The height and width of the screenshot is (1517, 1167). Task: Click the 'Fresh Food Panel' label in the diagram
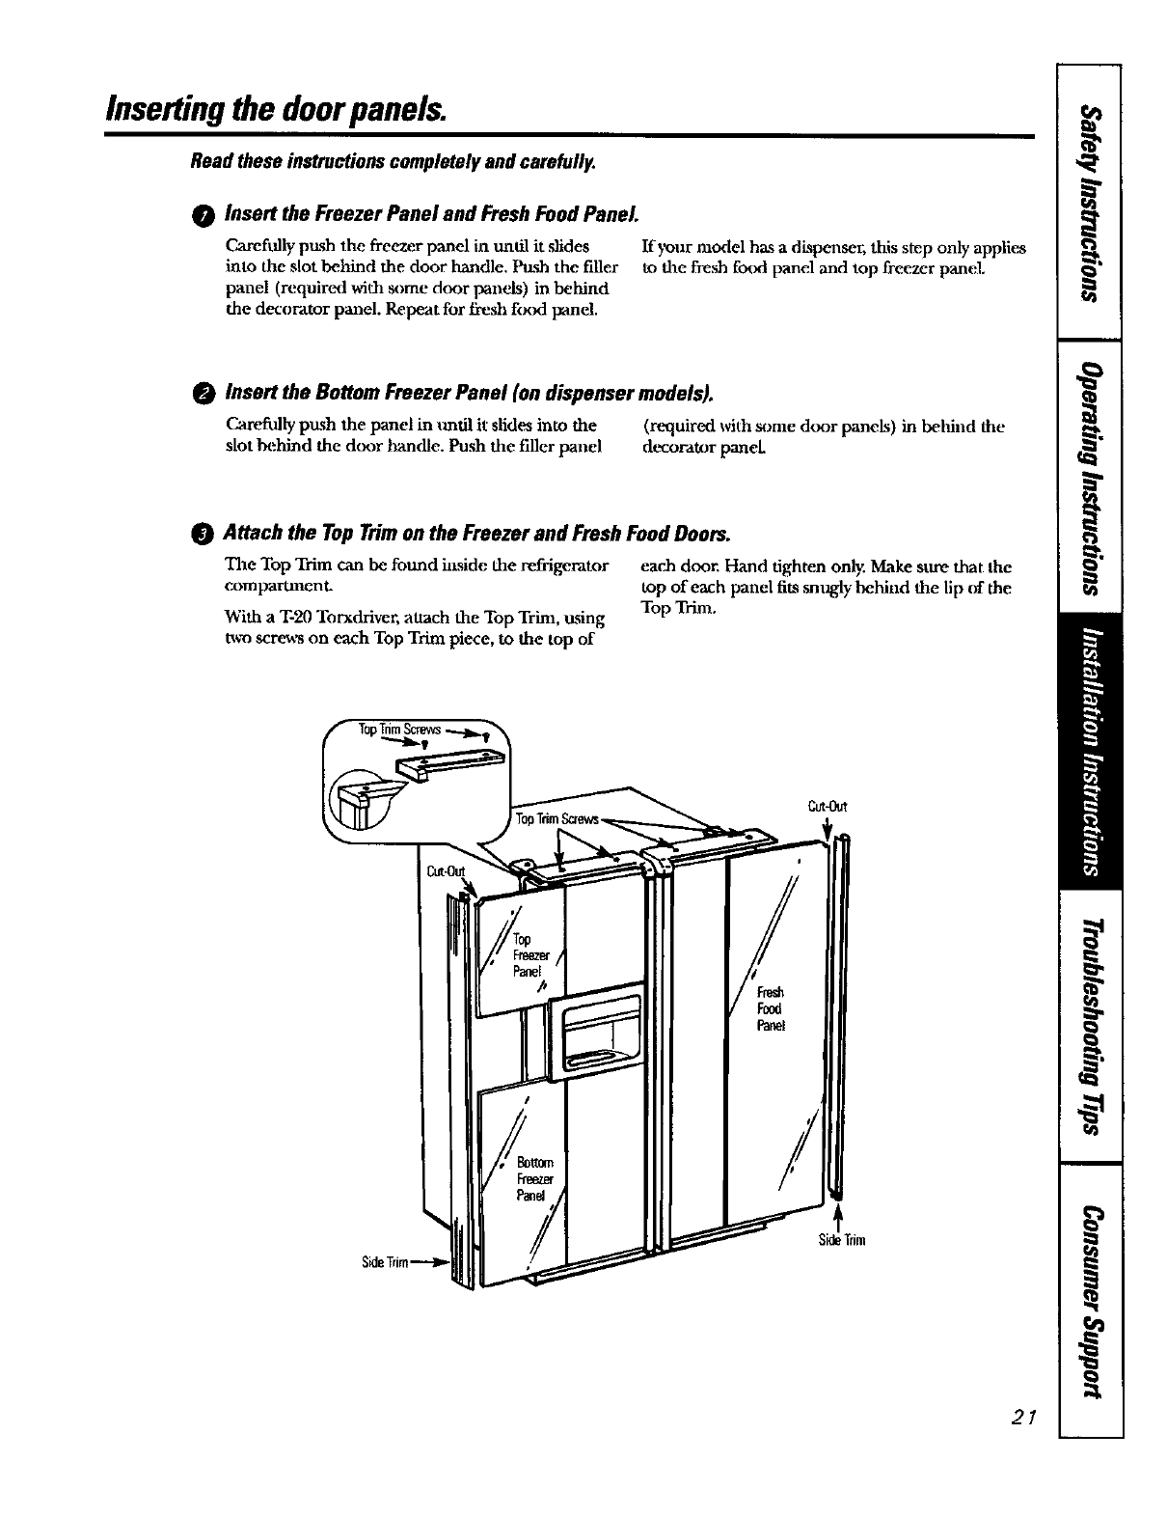click(771, 1008)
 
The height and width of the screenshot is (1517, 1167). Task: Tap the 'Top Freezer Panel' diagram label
click(527, 954)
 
